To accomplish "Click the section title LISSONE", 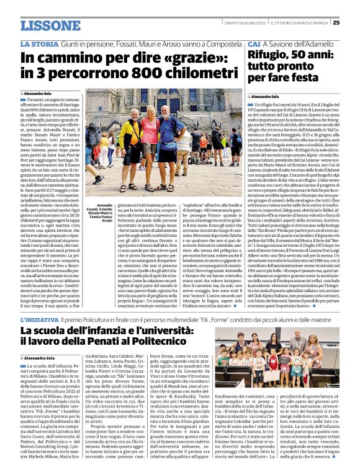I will tap(50, 25).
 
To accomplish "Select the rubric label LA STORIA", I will tap(38, 44).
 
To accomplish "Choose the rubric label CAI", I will tap(254, 45).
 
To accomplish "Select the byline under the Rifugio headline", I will tap(266, 97).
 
